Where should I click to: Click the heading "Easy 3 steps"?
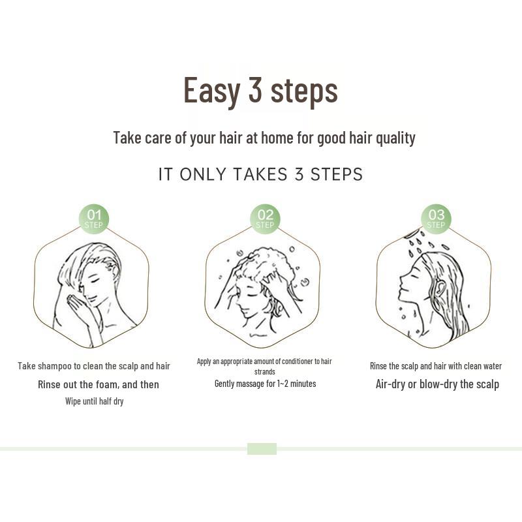pos(260,90)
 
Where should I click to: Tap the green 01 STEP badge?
pos(94,219)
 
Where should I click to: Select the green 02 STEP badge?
pos(265,219)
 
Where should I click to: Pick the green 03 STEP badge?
pos(436,219)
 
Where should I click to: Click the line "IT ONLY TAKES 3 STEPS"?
pos(260,174)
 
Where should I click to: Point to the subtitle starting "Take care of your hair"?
pos(264,138)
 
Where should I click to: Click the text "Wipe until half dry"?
pos(94,401)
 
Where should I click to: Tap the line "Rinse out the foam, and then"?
pos(98,384)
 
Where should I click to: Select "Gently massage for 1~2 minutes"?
pos(265,384)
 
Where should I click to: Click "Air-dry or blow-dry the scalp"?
pos(437,384)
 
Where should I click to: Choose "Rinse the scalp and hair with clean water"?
pos(436,366)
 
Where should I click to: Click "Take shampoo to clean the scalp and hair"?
pos(94,366)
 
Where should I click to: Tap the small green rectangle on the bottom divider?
pos(262,449)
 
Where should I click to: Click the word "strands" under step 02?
pos(264,371)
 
